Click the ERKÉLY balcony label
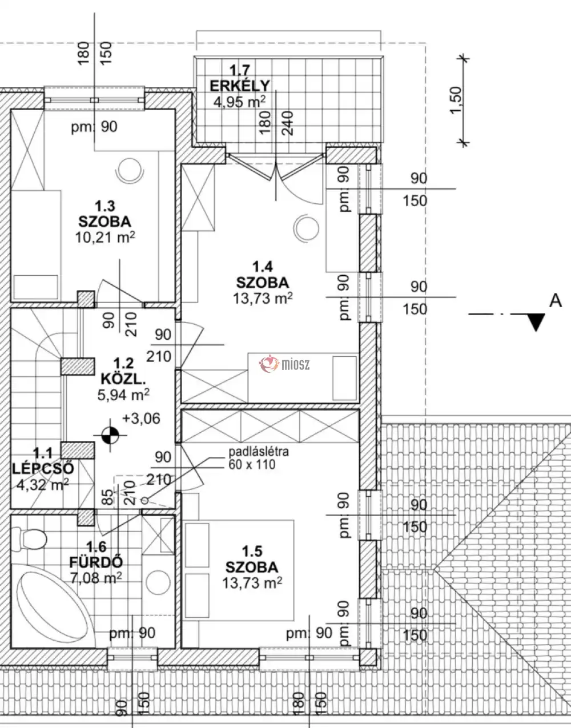pyautogui.click(x=239, y=86)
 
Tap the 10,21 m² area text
pyautogui.click(x=105, y=237)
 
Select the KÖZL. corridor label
pyautogui.click(x=123, y=377)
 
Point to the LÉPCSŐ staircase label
pyautogui.click(x=43, y=469)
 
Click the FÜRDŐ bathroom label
pyautogui.click(x=96, y=562)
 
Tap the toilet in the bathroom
pyautogui.click(x=33, y=538)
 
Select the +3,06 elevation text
pyautogui.click(x=140, y=419)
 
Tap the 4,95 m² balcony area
pyautogui.click(x=239, y=102)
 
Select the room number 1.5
pyautogui.click(x=252, y=552)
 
